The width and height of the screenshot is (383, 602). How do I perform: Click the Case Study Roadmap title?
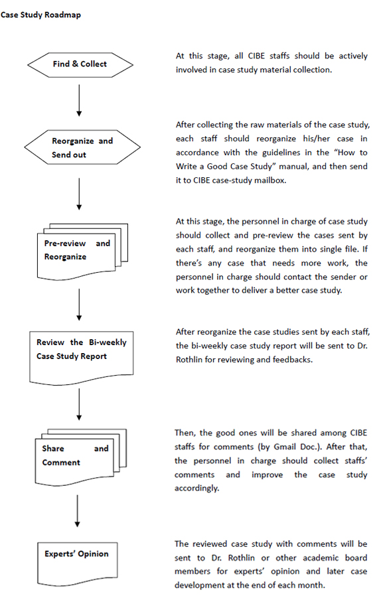pos(40,15)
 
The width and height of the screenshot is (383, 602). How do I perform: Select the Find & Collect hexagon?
pos(80,65)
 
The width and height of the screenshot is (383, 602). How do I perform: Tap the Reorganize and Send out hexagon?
pos(82,147)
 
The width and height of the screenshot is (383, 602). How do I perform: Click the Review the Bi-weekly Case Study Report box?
pos(82,358)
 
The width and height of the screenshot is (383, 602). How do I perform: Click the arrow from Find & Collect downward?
pos(79,100)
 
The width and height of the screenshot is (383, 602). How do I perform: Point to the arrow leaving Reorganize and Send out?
pos(79,194)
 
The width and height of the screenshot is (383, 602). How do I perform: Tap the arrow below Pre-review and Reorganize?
pos(79,305)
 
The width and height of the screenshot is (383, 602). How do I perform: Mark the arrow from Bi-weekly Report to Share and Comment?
pos(79,404)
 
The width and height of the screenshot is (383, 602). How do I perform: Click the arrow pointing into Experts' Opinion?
pos(77,511)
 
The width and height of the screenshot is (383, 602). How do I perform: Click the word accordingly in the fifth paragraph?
pos(197,489)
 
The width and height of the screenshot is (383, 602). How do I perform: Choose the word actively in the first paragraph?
pos(353,56)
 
